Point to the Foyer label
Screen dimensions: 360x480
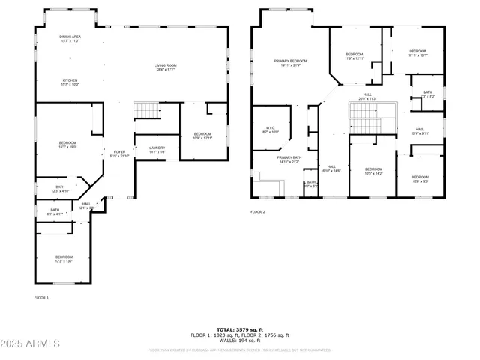[x=119, y=154]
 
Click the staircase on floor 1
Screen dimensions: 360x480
[x=148, y=111]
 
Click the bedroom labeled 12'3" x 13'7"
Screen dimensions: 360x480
[x=64, y=259]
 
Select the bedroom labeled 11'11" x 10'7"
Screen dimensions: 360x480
[x=418, y=53]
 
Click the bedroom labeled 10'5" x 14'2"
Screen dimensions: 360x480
[x=373, y=172]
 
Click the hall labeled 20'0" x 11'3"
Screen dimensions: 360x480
[x=367, y=96]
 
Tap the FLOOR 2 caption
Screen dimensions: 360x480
[x=258, y=212]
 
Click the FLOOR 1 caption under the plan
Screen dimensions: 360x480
[x=41, y=298]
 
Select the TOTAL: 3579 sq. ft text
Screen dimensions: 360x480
[x=241, y=328]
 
